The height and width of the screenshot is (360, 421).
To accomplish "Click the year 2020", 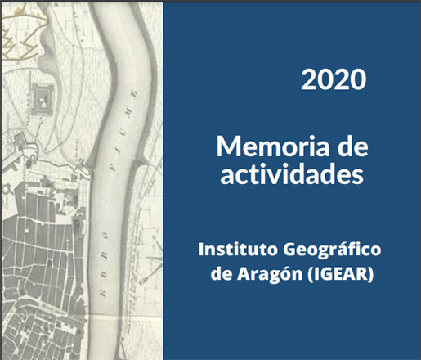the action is (x=334, y=79).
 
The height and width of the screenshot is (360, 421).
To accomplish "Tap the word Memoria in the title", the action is (x=273, y=146).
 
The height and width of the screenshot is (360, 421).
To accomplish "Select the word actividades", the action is (x=292, y=173).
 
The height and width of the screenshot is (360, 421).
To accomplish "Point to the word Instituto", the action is (x=238, y=249).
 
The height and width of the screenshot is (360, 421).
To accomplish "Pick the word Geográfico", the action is (x=332, y=250).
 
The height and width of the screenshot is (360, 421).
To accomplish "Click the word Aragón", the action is (x=270, y=274).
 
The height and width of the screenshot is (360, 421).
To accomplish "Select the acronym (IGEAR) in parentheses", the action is (x=340, y=274).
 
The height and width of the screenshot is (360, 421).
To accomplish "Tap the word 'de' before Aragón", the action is (x=221, y=273).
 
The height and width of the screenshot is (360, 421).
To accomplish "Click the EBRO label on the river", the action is (x=105, y=264).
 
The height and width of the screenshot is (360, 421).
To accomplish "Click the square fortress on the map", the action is (x=42, y=99).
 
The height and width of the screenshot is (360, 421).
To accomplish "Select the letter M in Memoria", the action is (x=228, y=146).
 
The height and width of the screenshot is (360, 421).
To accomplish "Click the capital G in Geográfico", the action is (x=290, y=250).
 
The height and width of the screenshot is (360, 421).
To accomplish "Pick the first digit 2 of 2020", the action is (x=308, y=79).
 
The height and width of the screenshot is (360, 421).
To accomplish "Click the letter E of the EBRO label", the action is (x=104, y=293).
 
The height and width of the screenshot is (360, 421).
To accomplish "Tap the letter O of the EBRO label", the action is (x=105, y=236).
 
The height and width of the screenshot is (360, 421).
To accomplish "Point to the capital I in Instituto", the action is (x=201, y=249).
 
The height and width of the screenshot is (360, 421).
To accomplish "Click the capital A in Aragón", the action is (x=243, y=273).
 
